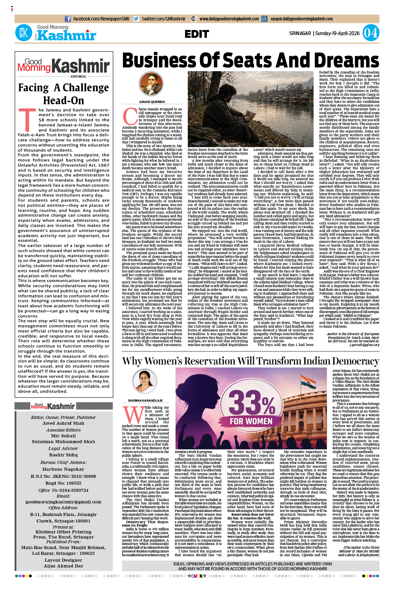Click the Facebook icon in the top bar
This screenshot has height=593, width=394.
[x=68, y=19]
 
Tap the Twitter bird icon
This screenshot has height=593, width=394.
[x=136, y=19]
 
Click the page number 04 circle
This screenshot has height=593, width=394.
[x=370, y=33]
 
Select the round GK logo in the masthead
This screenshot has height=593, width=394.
[x=24, y=33]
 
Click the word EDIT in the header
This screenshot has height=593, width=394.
[x=197, y=34]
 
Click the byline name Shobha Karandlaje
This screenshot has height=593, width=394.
[x=145, y=401]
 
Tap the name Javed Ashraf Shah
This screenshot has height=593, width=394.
[x=63, y=423]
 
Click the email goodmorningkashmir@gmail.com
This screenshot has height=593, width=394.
[x=63, y=502]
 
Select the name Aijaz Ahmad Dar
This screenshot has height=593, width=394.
[x=63, y=566]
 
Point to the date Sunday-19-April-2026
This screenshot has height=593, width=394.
[x=337, y=33]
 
